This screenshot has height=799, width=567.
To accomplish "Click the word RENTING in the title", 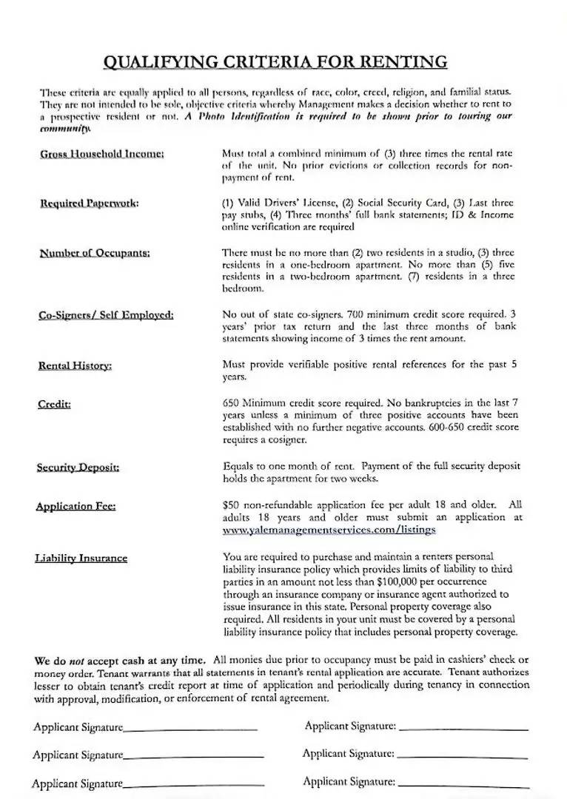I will point(407,61).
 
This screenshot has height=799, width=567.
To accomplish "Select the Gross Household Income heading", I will point(101,154).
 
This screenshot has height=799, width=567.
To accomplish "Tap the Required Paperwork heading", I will point(89,203).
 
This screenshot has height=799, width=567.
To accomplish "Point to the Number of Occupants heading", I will point(95,253).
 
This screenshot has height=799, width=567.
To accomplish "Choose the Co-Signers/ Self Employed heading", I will point(106,315).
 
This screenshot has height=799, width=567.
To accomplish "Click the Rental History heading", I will point(75,365).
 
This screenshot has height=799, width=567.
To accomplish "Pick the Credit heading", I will point(54,404).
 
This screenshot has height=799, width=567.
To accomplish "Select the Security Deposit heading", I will point(78,468).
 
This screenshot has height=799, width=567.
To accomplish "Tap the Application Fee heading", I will point(76,507).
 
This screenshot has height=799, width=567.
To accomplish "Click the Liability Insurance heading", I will point(81,558).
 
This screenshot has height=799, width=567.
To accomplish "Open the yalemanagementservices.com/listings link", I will point(329,530).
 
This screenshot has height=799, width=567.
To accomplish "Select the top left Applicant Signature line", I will point(190,729).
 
